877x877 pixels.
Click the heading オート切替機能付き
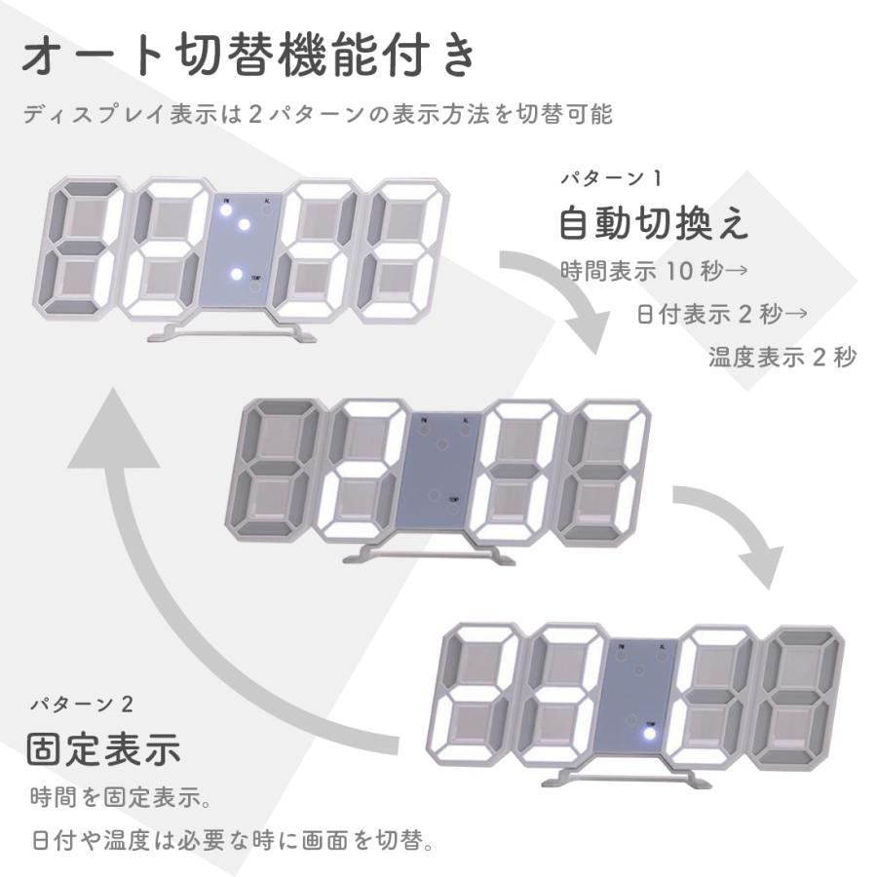pos(248,55)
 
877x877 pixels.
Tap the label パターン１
pos(611,178)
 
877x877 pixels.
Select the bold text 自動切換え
pos(653,222)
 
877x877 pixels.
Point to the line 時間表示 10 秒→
pos(654,271)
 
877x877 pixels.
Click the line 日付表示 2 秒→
pos(722,314)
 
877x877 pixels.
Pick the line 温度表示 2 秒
pos(782,357)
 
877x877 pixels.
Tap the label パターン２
pos(82,704)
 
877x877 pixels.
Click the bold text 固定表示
pos(104,749)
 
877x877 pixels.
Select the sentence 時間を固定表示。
pos(121,797)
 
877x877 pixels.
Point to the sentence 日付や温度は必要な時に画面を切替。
pos(233,840)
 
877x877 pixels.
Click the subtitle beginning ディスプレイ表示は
pos(318,114)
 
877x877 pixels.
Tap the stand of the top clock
pos(232,331)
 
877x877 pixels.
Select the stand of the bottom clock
pos(628,778)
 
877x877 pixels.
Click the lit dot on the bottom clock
pos(649,733)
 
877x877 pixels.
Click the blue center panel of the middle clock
pos(438,470)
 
